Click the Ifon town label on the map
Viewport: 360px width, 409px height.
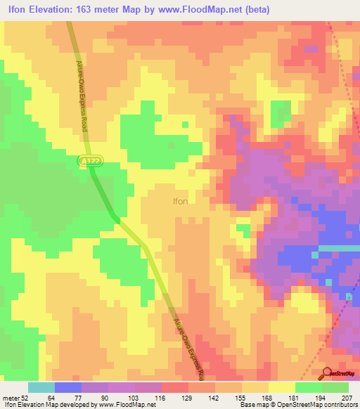181,201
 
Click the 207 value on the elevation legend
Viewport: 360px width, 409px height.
348,398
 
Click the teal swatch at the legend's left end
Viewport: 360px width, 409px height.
41,387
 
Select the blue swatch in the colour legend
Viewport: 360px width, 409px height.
68,387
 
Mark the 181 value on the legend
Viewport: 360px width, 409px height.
295,398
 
